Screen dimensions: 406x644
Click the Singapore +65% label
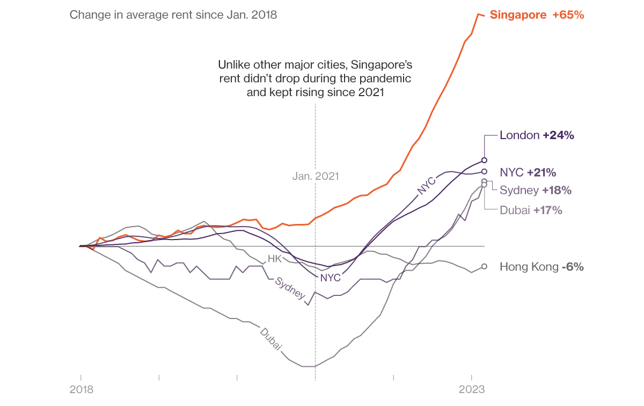tap(537, 15)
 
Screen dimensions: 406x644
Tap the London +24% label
tap(537, 135)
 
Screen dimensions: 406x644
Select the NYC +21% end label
tap(528, 172)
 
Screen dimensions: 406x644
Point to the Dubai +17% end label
tap(531, 210)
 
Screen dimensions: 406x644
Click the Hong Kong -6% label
tap(541, 266)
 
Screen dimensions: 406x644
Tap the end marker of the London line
tap(484, 160)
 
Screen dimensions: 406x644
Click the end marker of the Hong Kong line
tap(484, 266)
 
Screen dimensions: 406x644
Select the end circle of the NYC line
tap(484, 172)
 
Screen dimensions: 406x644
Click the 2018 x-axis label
tap(81, 390)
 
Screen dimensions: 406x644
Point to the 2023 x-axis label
tap(472, 390)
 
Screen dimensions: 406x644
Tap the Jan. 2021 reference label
tap(316, 176)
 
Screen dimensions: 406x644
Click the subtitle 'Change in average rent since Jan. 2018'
tap(173, 15)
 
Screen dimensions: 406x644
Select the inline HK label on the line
tap(274, 259)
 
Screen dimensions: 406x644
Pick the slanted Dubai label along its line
tap(271, 339)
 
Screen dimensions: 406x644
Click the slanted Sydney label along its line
tap(290, 288)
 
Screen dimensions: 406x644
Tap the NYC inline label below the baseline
tap(330, 278)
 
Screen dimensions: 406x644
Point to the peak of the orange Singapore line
tap(478, 14)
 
